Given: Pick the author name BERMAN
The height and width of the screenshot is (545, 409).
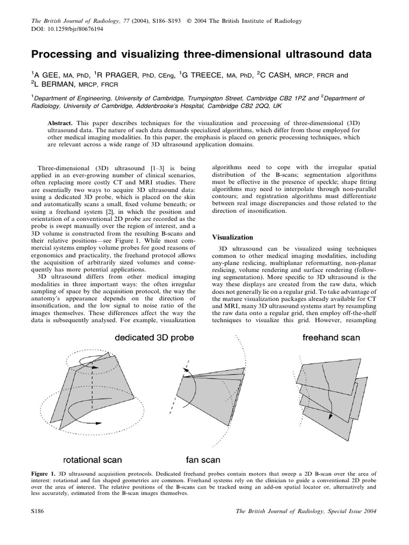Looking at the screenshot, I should (x=53, y=84).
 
